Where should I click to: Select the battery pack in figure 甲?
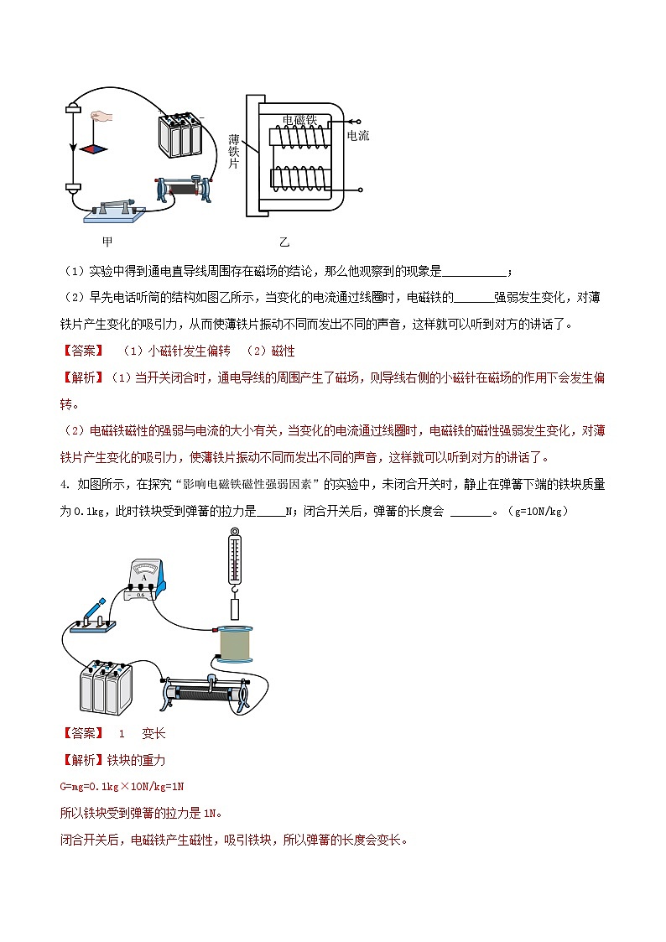(x=181, y=134)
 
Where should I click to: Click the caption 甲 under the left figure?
(x=107, y=242)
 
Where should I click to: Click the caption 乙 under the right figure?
(x=284, y=242)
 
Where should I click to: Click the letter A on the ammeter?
(x=145, y=577)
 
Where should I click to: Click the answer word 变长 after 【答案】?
(x=153, y=733)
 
